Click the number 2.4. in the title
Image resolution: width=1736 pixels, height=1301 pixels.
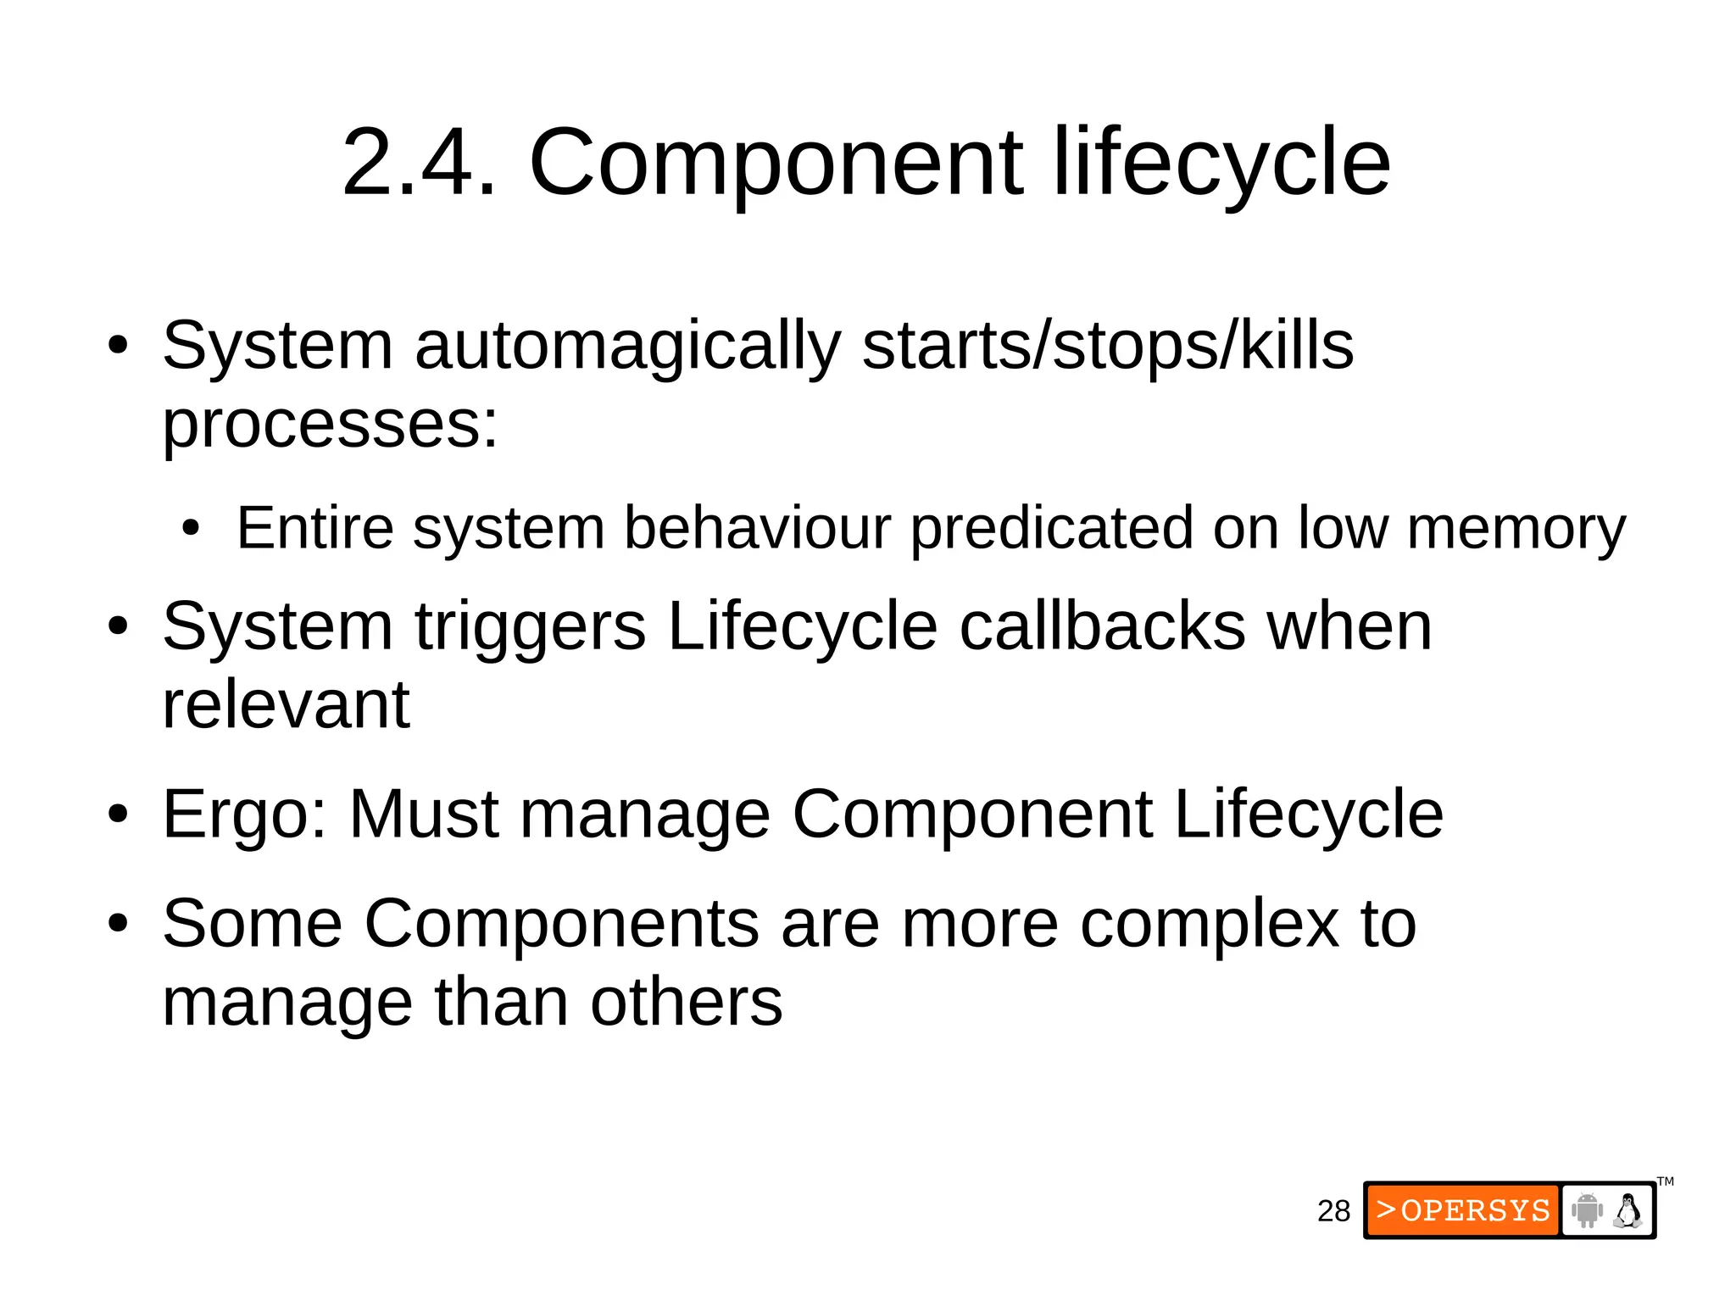coord(419,162)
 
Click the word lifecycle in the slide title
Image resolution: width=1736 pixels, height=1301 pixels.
coord(1221,162)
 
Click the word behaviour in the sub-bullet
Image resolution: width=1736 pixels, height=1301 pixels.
coord(758,528)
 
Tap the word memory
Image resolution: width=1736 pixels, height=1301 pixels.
coord(1516,528)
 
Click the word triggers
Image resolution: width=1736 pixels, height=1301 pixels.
coord(531,627)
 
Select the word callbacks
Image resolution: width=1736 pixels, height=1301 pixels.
coord(1102,627)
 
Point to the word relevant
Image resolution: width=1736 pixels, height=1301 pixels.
coord(286,705)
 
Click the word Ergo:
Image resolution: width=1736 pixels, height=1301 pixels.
coord(244,815)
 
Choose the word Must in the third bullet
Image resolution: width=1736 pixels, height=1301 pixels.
coord(424,815)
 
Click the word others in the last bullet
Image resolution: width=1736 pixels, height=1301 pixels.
coord(686,1003)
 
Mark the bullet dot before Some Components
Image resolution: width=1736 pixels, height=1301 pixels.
coord(118,925)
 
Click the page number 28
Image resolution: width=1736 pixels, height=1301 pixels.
coord(1333,1211)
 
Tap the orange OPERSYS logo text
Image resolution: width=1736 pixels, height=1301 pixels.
coord(1463,1210)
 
